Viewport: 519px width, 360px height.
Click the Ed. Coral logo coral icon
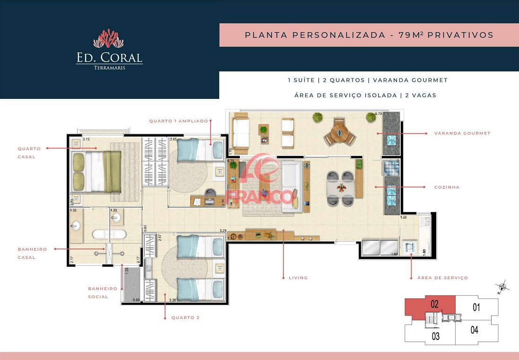point(109,39)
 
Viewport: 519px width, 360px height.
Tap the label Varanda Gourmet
point(462,133)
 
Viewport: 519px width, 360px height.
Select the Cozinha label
point(447,187)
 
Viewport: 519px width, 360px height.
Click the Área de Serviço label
point(442,278)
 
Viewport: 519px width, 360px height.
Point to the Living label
point(298,278)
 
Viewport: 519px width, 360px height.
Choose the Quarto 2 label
point(185,318)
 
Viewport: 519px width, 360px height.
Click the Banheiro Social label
point(98,292)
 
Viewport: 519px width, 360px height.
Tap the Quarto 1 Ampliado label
point(178,121)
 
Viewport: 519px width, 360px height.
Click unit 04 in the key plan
point(474,330)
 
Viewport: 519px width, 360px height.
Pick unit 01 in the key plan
point(476,307)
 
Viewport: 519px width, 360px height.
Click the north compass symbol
point(502,286)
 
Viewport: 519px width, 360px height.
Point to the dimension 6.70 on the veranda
point(378,114)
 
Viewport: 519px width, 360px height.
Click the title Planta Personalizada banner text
point(369,35)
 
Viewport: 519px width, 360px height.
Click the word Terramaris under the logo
point(109,68)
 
